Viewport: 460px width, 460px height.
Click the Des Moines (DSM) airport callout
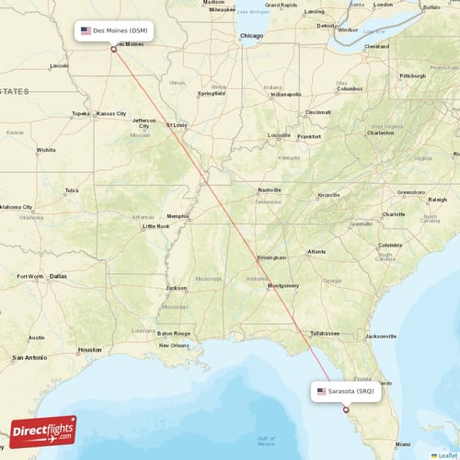(x=113, y=30)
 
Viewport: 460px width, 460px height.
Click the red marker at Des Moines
(x=113, y=49)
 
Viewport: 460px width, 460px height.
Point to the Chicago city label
(x=250, y=36)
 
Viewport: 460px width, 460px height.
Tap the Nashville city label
(x=269, y=189)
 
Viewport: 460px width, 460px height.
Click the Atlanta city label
(x=316, y=251)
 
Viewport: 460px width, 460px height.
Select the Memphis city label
(x=178, y=217)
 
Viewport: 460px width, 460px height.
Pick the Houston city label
(x=90, y=350)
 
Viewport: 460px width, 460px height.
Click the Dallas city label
(x=58, y=276)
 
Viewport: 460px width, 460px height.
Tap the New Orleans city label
(x=174, y=346)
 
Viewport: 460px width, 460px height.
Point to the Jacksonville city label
(x=380, y=337)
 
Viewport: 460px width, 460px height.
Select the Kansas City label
(x=111, y=113)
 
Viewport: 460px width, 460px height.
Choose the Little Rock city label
(x=155, y=225)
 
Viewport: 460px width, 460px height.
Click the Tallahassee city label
(x=325, y=333)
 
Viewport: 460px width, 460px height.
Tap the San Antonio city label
(x=28, y=357)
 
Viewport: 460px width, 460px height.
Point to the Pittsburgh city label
(x=412, y=75)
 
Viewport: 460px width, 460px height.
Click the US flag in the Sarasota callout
(x=321, y=391)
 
